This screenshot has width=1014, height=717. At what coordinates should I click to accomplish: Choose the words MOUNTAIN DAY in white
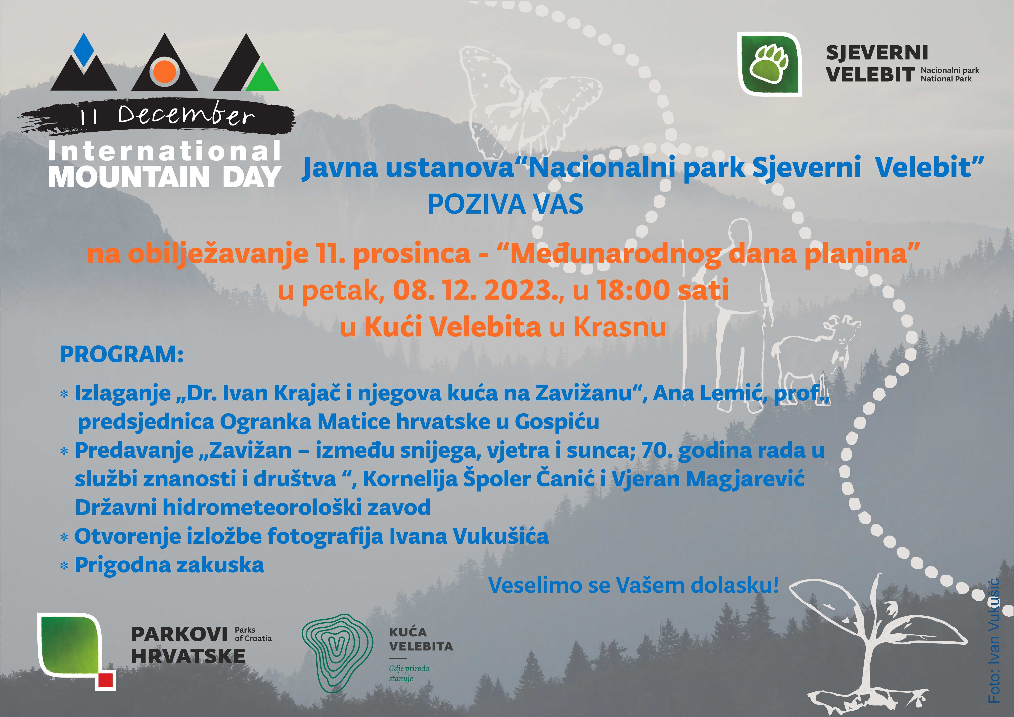pos(164,177)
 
